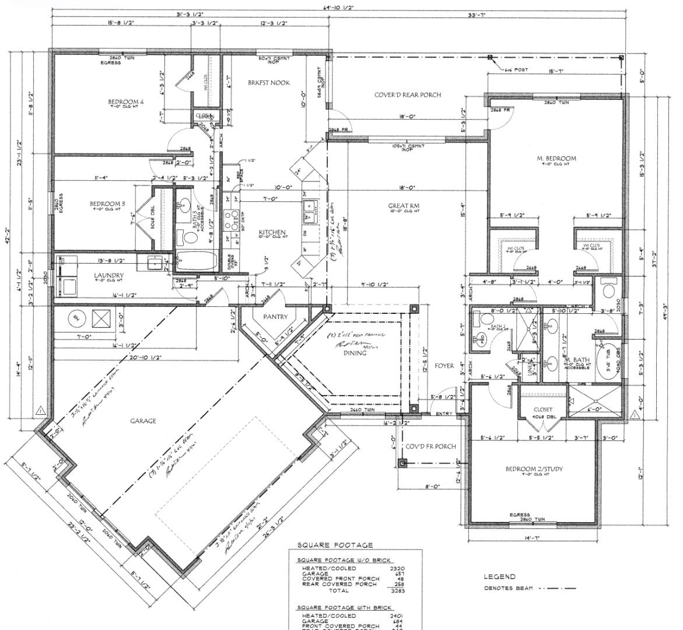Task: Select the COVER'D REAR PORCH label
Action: tap(407, 94)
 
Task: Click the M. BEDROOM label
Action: tap(556, 158)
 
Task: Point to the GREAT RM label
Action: tap(404, 206)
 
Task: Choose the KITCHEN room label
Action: tap(272, 232)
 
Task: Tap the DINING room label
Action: tap(355, 353)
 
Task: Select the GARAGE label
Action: tap(143, 421)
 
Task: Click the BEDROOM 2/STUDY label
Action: tap(534, 469)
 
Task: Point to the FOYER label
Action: tap(444, 366)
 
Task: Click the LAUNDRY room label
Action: tap(109, 275)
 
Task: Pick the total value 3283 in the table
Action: tap(397, 590)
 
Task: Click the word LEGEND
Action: tap(499, 577)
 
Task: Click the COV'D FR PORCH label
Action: tap(430, 446)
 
